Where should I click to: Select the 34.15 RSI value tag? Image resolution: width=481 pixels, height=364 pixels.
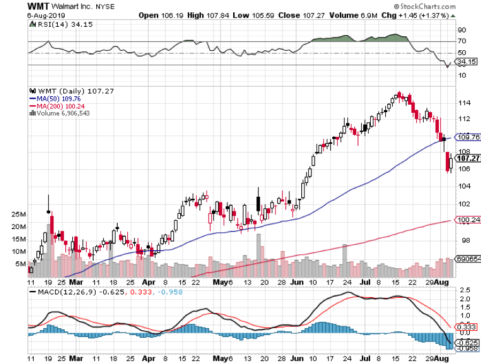pyautogui.click(x=465, y=61)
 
